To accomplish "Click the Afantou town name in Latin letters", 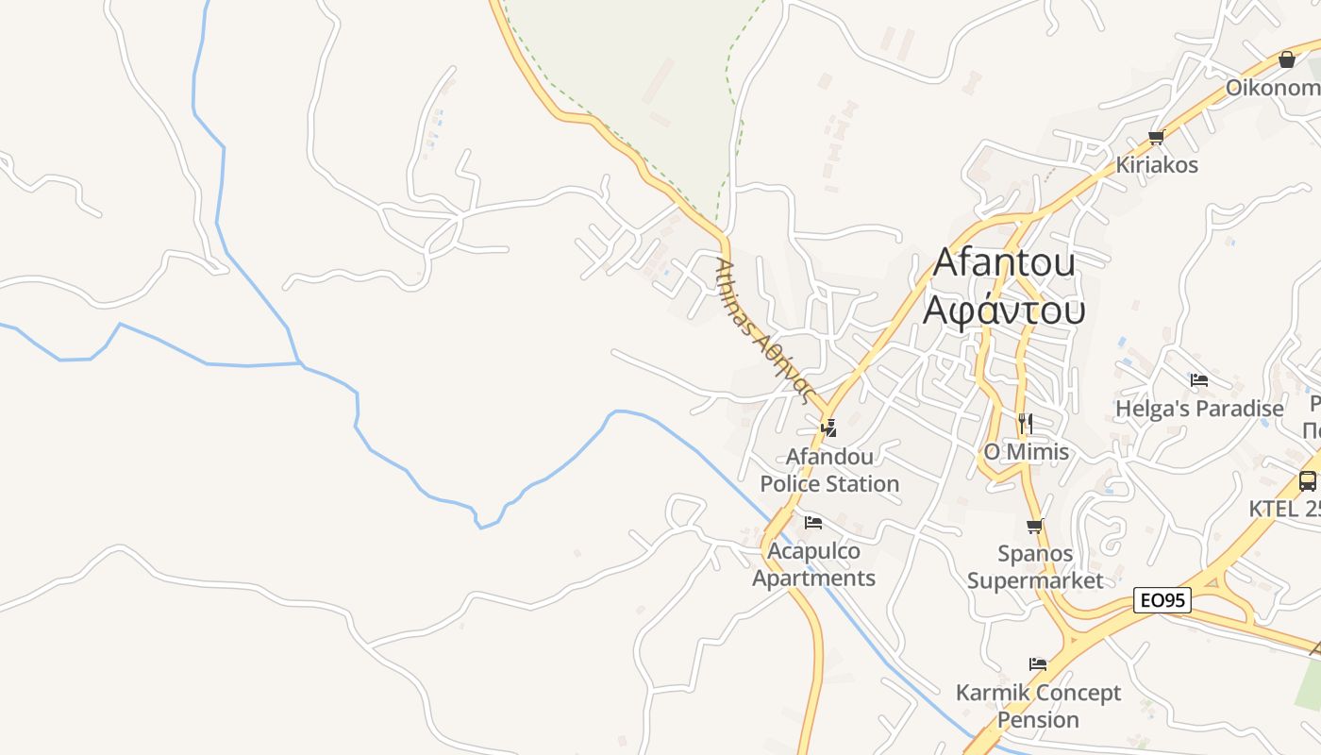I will pos(1004,262).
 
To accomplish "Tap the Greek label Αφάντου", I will pos(1004,310).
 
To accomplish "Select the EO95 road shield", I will pos(1162,600).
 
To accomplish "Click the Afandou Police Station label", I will pos(830,470).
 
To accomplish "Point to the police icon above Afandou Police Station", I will pos(829,428).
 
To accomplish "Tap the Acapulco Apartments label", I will pos(813,564).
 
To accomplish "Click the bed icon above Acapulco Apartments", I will pos(813,522).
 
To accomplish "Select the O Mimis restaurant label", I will pos(1027,452).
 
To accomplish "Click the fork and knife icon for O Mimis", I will pos(1026,423).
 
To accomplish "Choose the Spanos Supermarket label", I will pos(1035,566).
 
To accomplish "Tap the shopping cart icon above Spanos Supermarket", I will pos(1035,527).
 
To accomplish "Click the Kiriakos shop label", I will pos(1157,165).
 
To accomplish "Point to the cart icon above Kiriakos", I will pos(1157,137).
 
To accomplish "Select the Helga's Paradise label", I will pos(1199,409).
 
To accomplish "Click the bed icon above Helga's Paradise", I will pos(1199,380).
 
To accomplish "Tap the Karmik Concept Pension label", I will pos(1038,706).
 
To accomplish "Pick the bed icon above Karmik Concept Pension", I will pos(1038,664).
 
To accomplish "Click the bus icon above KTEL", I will pos(1308,480).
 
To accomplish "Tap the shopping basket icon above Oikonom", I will pos(1287,60).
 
